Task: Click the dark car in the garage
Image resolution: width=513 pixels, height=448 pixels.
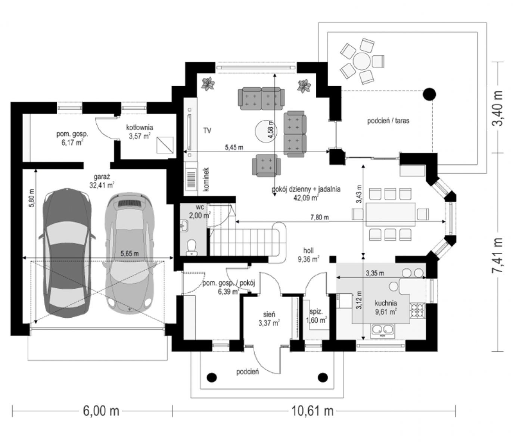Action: click(67, 253)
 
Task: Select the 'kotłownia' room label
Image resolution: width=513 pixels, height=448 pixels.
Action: click(139, 127)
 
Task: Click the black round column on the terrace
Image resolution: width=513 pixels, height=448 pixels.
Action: click(429, 94)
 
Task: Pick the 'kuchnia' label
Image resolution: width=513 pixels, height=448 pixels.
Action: click(386, 303)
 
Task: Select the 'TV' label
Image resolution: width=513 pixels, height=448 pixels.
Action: click(207, 130)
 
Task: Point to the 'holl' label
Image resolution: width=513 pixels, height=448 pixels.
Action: click(308, 250)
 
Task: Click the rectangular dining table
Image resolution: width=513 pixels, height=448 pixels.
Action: click(390, 215)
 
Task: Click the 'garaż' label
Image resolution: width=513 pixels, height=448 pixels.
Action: click(102, 177)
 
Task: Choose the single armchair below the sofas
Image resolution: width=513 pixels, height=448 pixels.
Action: click(265, 165)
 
